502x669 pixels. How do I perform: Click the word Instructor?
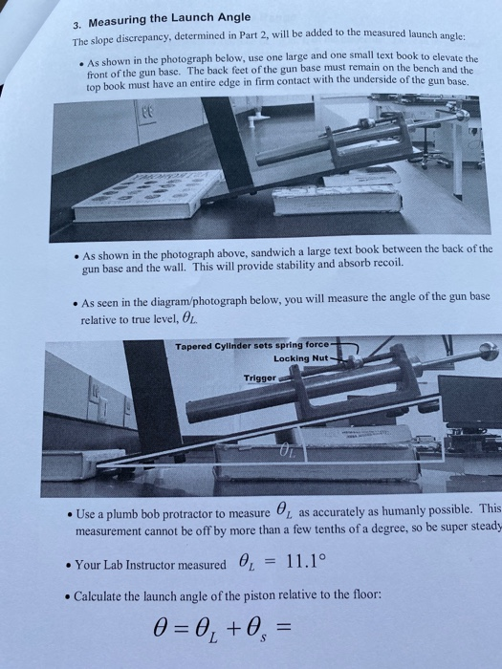point(165,565)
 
